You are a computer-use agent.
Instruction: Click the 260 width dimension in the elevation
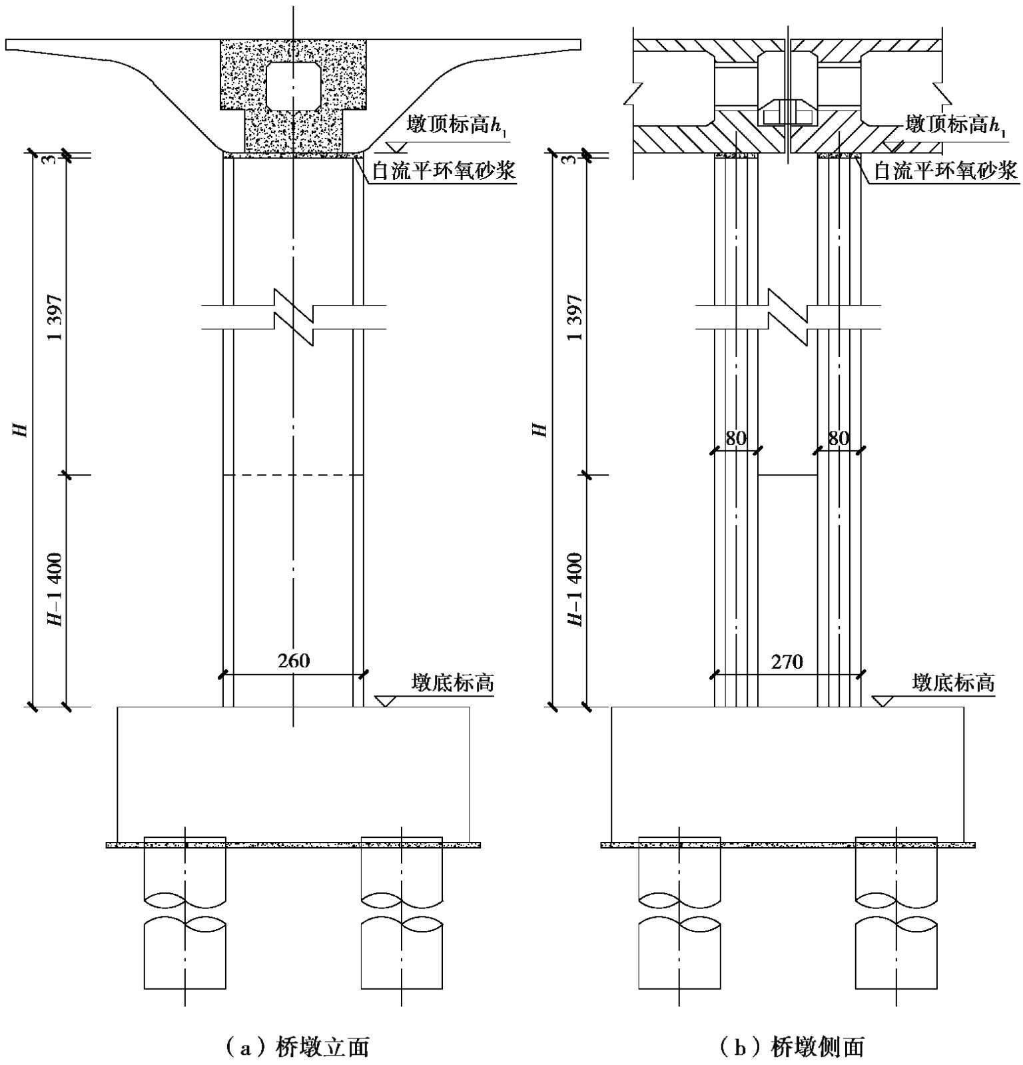[x=294, y=661]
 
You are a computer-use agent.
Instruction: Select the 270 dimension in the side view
[x=787, y=662]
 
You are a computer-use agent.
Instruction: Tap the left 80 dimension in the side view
[x=735, y=438]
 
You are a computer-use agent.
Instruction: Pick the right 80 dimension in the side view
[x=839, y=438]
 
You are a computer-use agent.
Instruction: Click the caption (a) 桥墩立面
[x=294, y=1047]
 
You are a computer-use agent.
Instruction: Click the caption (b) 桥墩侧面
[x=790, y=1047]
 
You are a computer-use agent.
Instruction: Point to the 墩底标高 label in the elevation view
[x=453, y=683]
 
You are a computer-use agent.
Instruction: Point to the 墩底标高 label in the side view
[x=953, y=683]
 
